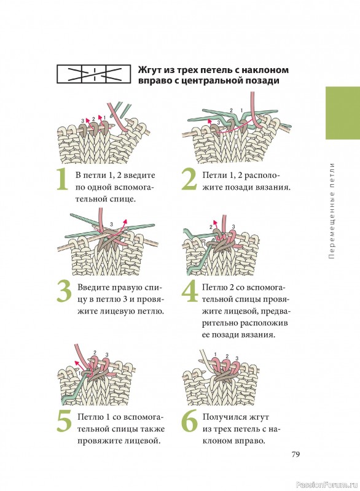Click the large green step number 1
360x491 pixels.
coord(62,179)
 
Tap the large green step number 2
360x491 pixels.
coord(189,179)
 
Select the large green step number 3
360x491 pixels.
coord(65,292)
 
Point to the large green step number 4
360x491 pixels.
coord(190,292)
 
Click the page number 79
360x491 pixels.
coord(295,454)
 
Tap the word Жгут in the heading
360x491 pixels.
coord(149,70)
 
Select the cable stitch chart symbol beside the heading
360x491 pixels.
coord(93,74)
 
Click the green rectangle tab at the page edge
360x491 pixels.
coord(343,113)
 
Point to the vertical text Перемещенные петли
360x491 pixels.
coord(332,211)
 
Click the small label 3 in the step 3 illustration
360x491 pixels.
coord(111,224)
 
